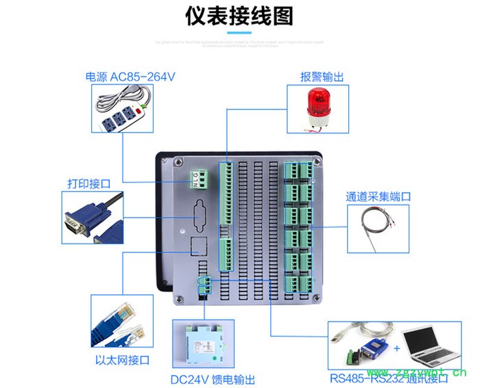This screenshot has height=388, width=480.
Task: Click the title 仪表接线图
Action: pos(239,17)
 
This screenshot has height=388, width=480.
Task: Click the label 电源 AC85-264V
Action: pos(130,77)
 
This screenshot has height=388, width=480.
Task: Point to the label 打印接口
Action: pos(88,183)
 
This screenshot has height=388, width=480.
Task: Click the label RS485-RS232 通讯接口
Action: pos(388,378)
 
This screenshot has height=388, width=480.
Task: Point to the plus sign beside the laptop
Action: pos(397,348)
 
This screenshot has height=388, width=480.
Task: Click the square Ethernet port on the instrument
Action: pos(198,247)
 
